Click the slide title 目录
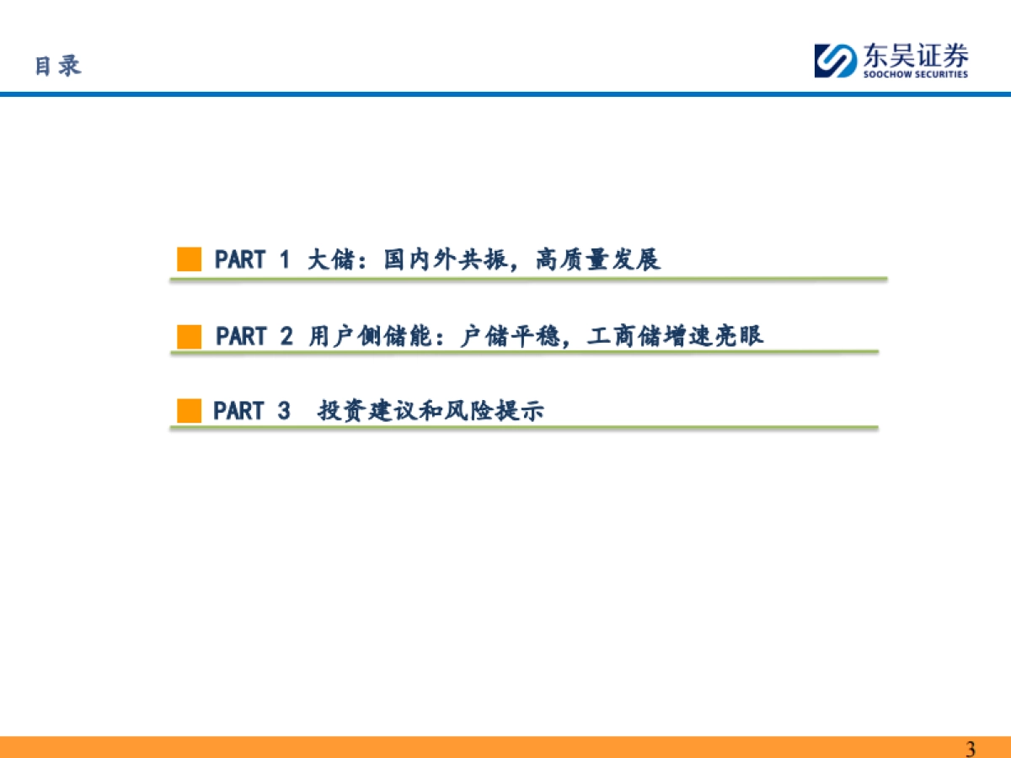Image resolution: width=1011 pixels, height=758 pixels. click(x=58, y=66)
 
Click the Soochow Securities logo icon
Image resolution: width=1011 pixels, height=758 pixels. click(x=834, y=61)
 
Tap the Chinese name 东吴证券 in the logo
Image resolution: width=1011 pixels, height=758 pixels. click(x=914, y=56)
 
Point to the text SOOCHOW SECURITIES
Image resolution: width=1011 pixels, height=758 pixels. click(x=914, y=74)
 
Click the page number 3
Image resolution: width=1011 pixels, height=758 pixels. click(x=971, y=749)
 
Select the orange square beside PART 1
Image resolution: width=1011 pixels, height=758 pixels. click(x=190, y=259)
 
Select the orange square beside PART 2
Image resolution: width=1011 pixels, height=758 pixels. click(x=190, y=336)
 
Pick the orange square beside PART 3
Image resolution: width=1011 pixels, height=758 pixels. click(x=190, y=411)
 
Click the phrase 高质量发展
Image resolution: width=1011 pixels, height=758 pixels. click(x=597, y=259)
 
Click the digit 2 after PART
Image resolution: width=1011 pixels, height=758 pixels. click(x=286, y=336)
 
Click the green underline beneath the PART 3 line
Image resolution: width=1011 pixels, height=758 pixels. click(x=523, y=428)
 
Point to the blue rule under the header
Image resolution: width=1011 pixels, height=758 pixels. click(x=505, y=94)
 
